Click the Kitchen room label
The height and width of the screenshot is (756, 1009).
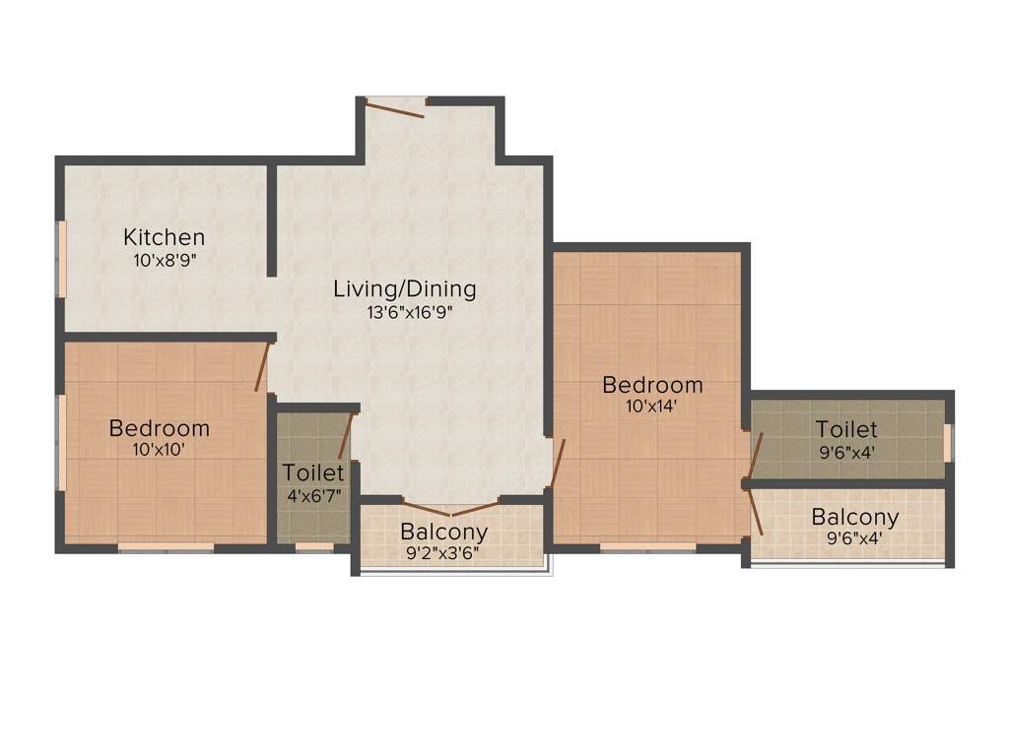click(x=165, y=237)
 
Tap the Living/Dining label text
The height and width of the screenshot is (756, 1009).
click(x=404, y=289)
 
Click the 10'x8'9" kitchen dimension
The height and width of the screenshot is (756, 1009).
click(x=164, y=261)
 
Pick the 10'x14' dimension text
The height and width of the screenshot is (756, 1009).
click(x=652, y=406)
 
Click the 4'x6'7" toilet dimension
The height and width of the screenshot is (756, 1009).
click(x=312, y=495)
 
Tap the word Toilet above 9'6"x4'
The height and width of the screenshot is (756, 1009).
click(x=845, y=430)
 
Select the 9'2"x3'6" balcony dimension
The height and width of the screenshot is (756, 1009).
click(x=444, y=554)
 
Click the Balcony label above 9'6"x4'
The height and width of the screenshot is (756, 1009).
click(x=854, y=517)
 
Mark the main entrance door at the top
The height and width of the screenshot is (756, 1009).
click(x=394, y=106)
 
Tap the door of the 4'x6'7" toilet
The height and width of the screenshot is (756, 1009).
click(x=346, y=437)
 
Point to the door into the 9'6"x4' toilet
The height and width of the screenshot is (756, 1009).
click(x=755, y=454)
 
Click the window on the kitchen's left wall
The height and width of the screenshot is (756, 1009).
click(x=61, y=258)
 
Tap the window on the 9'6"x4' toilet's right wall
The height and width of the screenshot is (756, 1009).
click(x=948, y=442)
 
